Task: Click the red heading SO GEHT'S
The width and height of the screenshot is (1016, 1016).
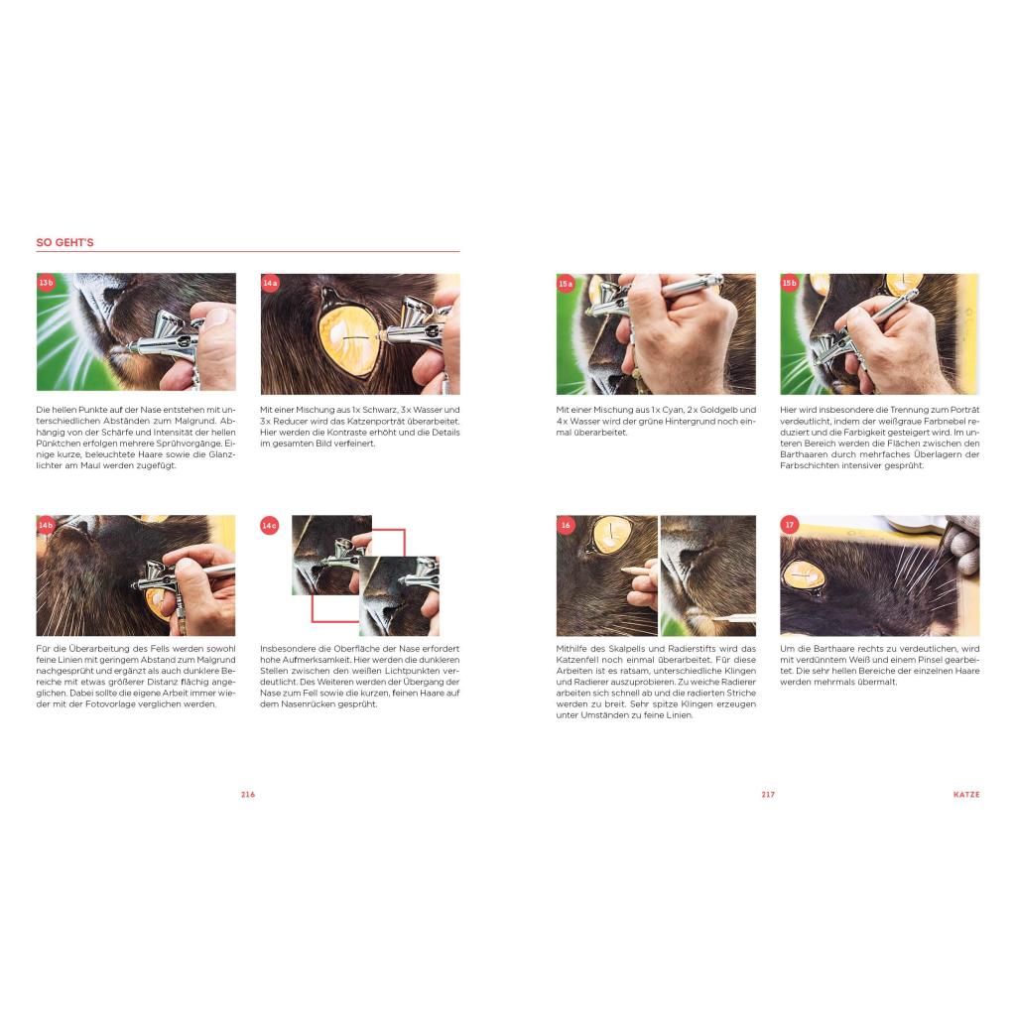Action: [64, 242]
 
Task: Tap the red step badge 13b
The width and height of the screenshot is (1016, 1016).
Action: [46, 283]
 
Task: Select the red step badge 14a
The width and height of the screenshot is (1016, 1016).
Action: [270, 283]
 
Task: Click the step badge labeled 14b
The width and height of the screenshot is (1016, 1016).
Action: [46, 525]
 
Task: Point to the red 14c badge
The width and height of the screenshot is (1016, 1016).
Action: [270, 525]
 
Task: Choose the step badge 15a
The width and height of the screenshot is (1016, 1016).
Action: [566, 283]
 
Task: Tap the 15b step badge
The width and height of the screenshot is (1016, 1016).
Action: [789, 283]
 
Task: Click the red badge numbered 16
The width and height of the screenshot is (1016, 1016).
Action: [566, 525]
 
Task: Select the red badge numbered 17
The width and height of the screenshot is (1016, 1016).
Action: [789, 525]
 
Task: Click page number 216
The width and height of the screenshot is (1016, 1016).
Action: [248, 795]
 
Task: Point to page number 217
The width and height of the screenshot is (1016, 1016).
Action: [769, 795]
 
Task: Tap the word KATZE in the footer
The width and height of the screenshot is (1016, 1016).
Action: [966, 795]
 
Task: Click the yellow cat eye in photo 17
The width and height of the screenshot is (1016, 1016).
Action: [804, 576]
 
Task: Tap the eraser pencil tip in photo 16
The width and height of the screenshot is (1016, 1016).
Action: [623, 571]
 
